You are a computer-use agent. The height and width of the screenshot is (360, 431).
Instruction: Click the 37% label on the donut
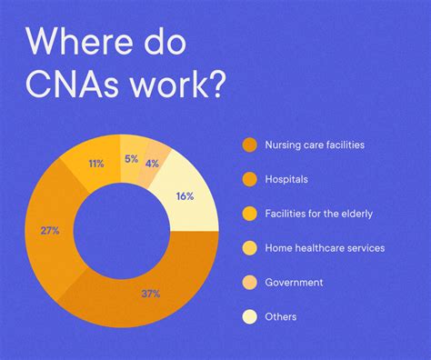click(x=151, y=294)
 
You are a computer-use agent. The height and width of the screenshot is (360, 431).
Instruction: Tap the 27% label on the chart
click(x=51, y=231)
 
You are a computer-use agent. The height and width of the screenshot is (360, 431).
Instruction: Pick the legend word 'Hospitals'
click(x=286, y=178)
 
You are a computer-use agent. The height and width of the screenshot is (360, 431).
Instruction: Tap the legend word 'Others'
click(x=282, y=316)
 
